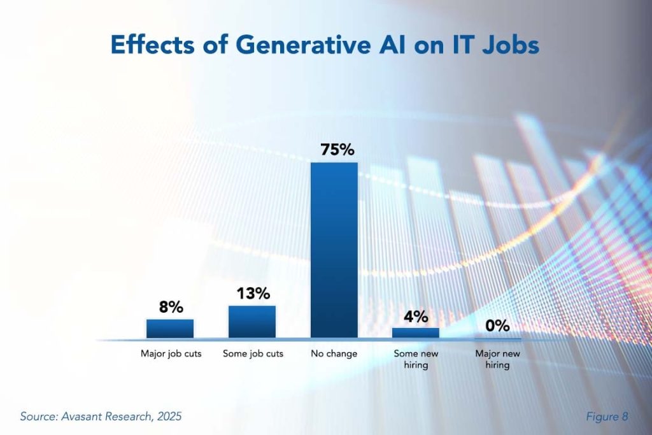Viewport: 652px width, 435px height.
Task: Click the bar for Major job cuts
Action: coord(170,328)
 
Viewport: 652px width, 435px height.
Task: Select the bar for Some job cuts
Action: coord(252,322)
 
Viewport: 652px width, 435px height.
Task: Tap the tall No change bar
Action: coord(334,250)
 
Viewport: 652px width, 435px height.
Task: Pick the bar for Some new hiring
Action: coord(416,332)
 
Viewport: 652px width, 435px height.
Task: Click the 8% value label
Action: coord(171,307)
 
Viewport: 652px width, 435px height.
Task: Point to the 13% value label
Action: coord(253,294)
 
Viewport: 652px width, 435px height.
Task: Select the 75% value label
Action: coord(334,150)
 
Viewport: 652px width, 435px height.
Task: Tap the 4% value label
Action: coord(416,316)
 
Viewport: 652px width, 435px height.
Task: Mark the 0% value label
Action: coord(497,325)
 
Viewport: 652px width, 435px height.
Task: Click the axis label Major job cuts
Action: coord(171,353)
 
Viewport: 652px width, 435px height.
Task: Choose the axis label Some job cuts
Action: coord(253,353)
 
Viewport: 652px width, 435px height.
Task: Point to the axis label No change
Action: coord(334,353)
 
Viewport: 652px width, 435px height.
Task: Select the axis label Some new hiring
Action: coord(416,359)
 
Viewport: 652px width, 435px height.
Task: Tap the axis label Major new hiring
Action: coord(497,359)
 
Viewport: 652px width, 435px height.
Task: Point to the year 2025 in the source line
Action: coord(168,417)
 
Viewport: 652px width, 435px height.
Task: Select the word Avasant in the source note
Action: coord(83,417)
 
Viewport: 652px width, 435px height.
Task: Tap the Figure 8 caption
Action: coord(606,417)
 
